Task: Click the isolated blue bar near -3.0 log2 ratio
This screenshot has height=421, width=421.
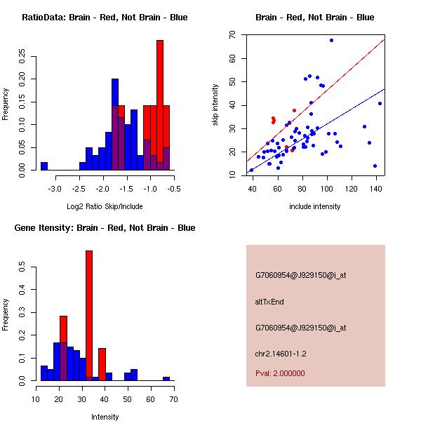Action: tap(44, 166)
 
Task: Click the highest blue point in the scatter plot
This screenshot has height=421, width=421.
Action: tap(331, 41)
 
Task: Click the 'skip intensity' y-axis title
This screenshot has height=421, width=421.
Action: tap(215, 105)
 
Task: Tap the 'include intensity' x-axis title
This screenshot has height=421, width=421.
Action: tap(315, 206)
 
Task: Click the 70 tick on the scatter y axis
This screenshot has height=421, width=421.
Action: tap(232, 34)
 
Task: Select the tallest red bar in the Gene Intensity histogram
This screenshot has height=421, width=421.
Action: tap(89, 316)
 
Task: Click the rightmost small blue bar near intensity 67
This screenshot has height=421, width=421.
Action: tap(166, 379)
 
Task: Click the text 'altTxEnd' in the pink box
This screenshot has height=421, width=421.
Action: tap(269, 302)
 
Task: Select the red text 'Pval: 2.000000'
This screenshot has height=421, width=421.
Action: tap(280, 373)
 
